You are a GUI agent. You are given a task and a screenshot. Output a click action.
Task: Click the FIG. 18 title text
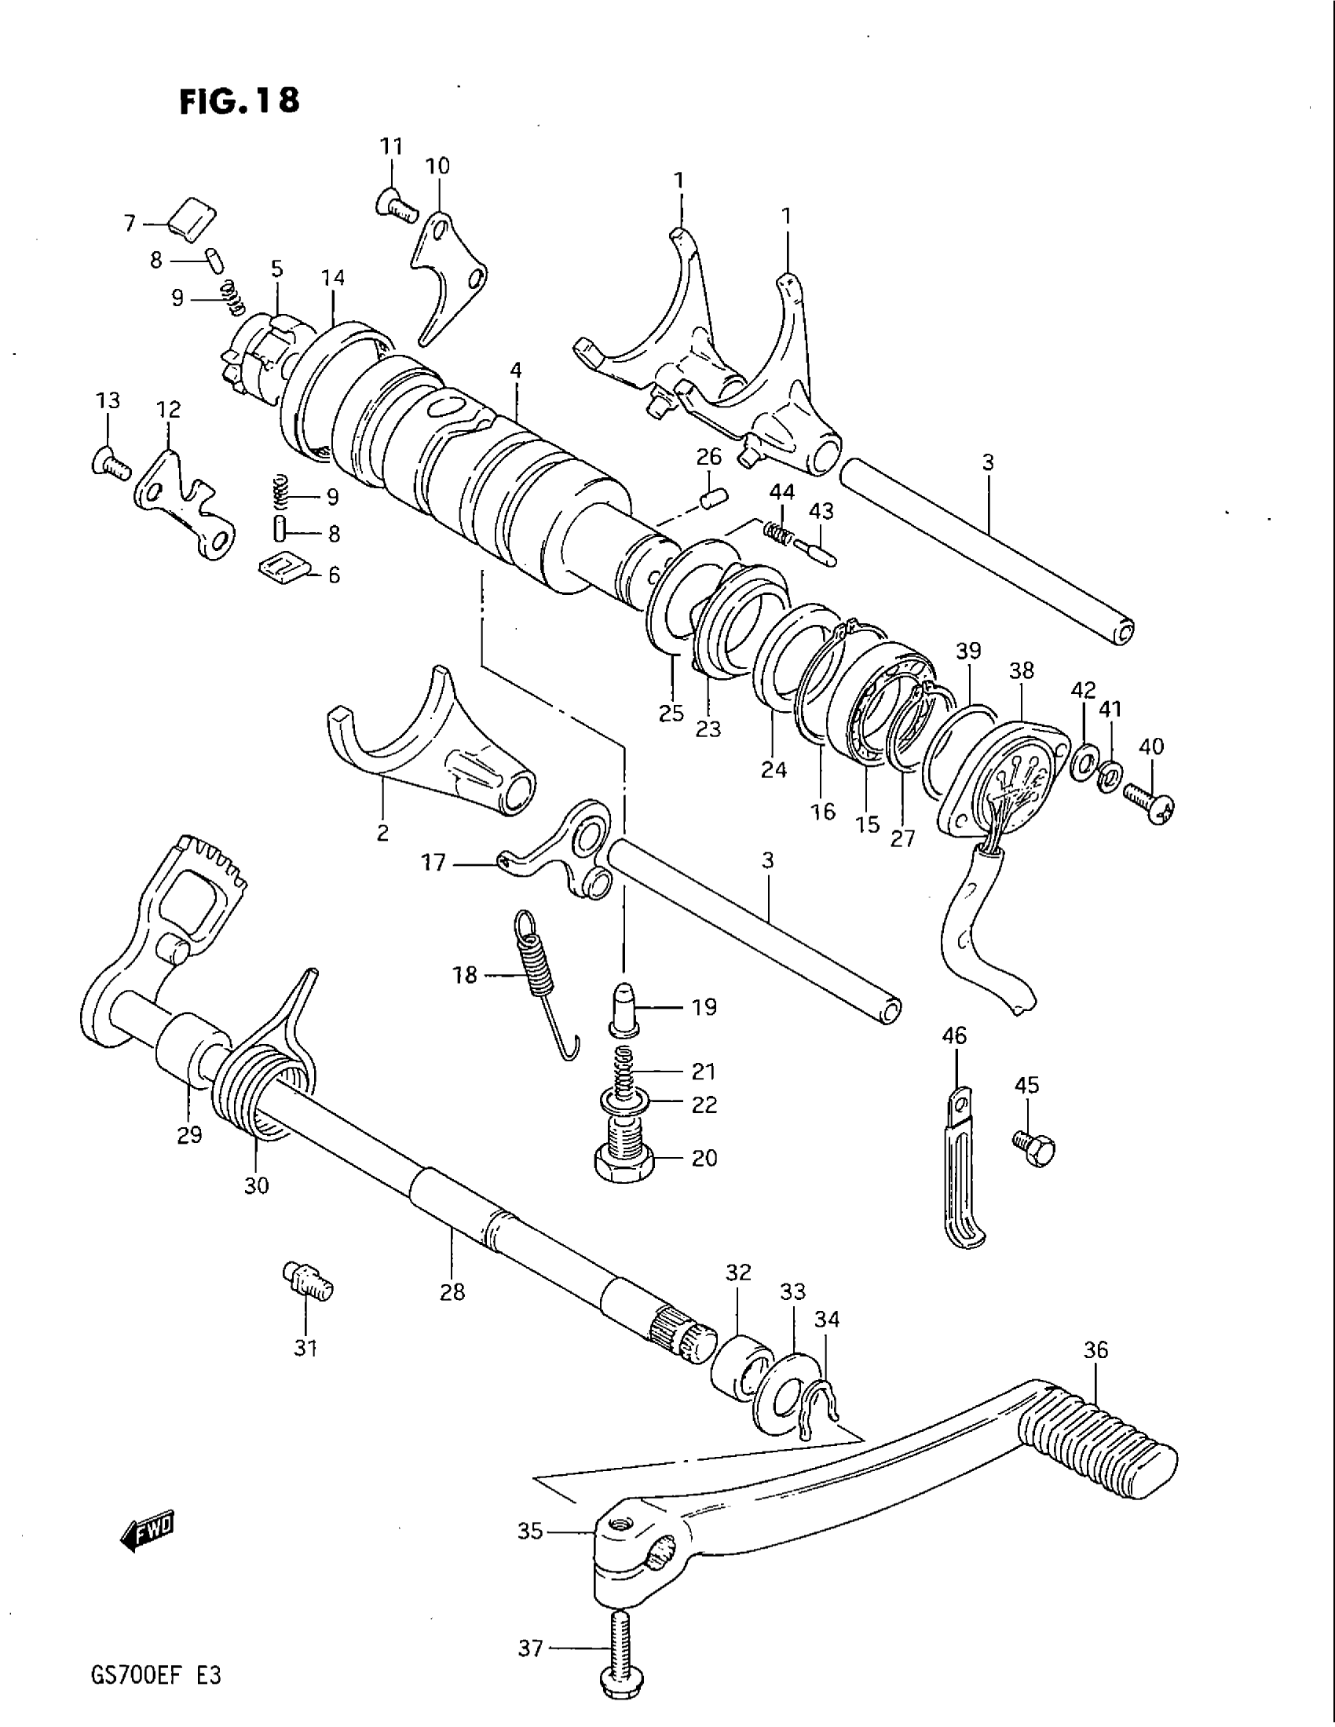[x=239, y=100]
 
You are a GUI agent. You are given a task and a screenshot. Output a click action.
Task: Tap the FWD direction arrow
[x=148, y=1532]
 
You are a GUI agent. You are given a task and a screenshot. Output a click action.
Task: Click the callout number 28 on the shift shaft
[x=453, y=1292]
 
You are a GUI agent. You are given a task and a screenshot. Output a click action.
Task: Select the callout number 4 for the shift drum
[x=516, y=369]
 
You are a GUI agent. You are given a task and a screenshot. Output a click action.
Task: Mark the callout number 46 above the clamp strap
[x=955, y=1035]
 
